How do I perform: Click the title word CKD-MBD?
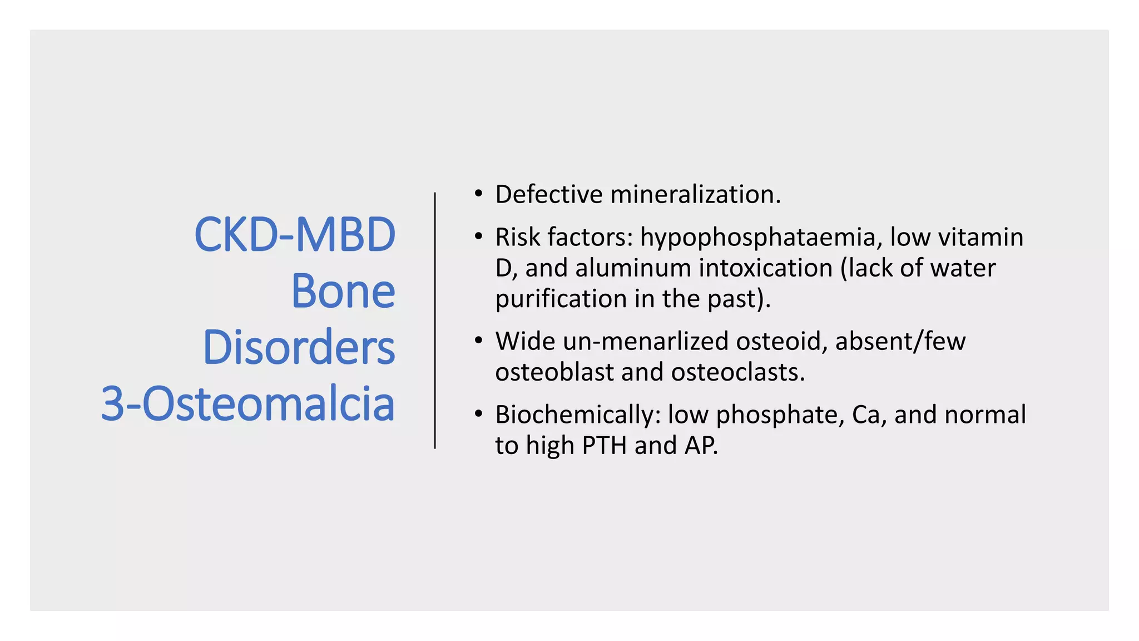[x=295, y=235]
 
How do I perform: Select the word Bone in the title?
[x=343, y=291]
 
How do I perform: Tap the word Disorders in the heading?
[x=299, y=347]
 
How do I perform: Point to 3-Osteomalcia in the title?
[x=247, y=403]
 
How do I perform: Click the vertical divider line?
[x=435, y=320]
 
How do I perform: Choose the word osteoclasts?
[x=737, y=372]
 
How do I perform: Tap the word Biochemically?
[x=577, y=415]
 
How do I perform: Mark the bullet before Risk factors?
[x=478, y=237]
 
